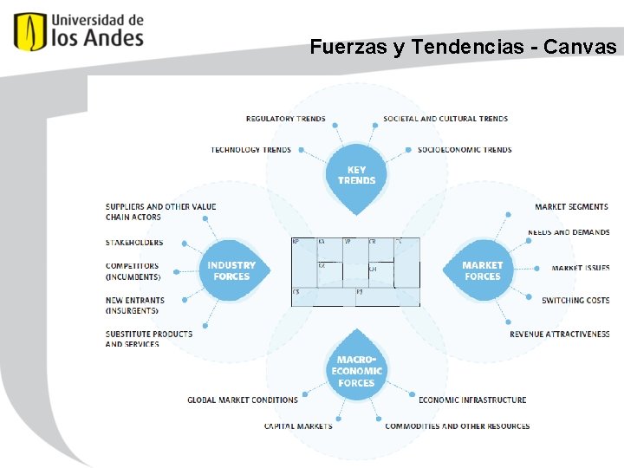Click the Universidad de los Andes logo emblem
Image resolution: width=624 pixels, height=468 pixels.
[29, 31]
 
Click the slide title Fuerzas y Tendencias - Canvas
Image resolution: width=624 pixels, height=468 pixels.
[464, 47]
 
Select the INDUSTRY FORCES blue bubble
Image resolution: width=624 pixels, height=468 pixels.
[231, 271]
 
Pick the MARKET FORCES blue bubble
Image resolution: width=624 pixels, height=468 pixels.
[482, 271]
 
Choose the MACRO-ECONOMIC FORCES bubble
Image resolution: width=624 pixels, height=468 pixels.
[356, 370]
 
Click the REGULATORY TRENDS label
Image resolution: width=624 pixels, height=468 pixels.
[286, 119]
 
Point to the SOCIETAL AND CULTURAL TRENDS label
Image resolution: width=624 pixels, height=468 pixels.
[445, 119]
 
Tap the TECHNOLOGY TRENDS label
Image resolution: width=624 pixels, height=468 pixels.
[251, 150]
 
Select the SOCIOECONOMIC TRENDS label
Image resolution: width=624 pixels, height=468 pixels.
[465, 150]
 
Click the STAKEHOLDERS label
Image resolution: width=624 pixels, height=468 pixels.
[134, 243]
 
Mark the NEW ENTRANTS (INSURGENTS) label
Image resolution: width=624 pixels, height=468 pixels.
[135, 305]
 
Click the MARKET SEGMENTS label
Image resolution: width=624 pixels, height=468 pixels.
[571, 207]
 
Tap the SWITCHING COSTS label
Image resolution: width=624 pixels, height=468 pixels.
[575, 301]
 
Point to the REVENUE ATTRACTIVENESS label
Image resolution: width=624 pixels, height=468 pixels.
[559, 335]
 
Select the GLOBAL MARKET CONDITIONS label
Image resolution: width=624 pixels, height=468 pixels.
[243, 400]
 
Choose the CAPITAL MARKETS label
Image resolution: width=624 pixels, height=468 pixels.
[298, 426]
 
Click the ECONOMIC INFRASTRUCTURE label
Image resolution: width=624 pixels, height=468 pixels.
[472, 400]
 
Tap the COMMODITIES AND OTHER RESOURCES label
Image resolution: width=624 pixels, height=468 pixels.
[458, 426]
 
